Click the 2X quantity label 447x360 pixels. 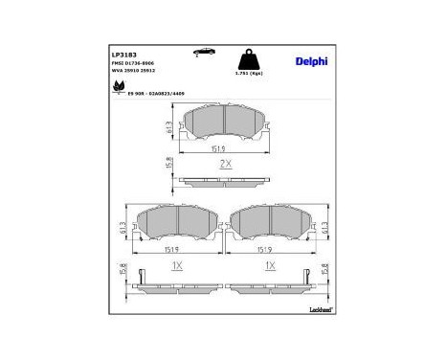(x=226, y=165)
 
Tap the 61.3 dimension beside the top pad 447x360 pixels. (x=165, y=127)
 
